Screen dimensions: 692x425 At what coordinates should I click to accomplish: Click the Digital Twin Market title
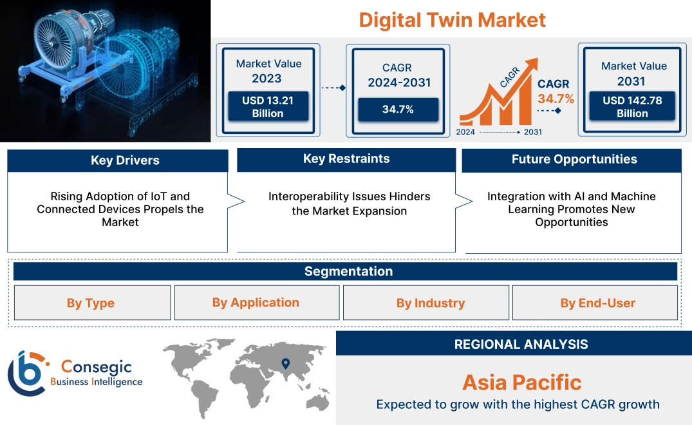[x=452, y=21]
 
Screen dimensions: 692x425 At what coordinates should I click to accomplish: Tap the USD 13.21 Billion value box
[x=268, y=106]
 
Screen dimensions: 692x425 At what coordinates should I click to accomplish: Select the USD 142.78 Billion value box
[x=632, y=106]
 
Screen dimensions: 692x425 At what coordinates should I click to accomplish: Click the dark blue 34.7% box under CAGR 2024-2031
[x=398, y=109]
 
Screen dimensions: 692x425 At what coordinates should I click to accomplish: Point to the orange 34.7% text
[x=556, y=99]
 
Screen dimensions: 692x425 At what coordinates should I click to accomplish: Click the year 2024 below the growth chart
[x=465, y=132]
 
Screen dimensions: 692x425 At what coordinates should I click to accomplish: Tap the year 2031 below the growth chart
[x=533, y=132]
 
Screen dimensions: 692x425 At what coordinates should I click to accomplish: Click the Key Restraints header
[x=346, y=159]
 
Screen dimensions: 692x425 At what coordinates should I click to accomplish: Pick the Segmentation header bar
[x=345, y=271]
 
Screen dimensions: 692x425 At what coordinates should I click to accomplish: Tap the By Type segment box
[x=92, y=303]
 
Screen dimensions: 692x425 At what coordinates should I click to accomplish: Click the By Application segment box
[x=257, y=303]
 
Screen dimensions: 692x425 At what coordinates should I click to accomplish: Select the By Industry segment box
[x=426, y=303]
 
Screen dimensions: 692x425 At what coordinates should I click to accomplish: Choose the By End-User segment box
[x=595, y=303]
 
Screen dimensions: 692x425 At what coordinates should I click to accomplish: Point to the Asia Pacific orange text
[x=522, y=382]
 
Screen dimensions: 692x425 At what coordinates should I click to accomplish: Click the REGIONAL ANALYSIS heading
[x=521, y=345]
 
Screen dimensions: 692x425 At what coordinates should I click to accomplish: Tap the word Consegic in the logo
[x=96, y=366]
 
